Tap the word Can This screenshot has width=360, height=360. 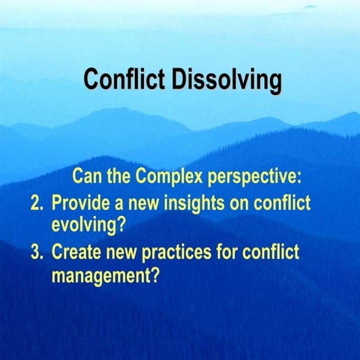88,177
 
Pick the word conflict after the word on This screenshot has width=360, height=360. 283,203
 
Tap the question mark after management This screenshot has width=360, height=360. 155,274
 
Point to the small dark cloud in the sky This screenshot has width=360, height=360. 309,7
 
